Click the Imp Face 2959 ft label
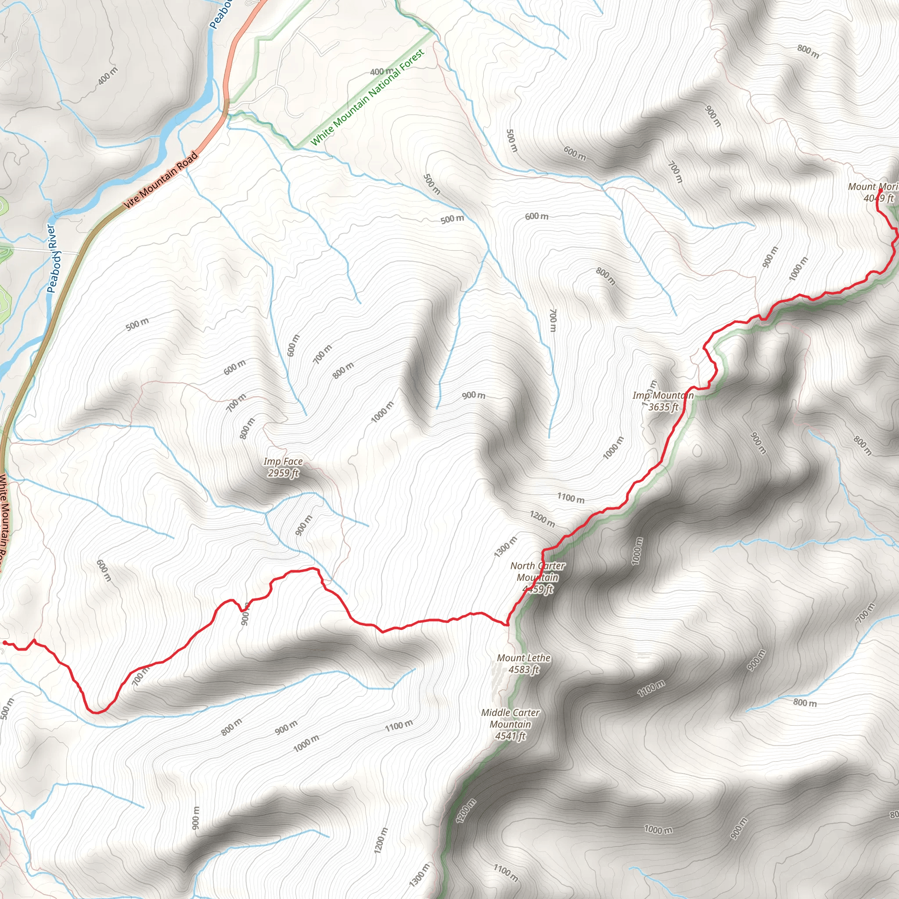(283, 467)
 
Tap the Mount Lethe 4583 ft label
(524, 664)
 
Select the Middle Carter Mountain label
(511, 724)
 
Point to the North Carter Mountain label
(537, 577)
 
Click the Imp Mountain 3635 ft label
(663, 401)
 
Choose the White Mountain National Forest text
(367, 98)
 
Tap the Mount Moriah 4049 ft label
(873, 192)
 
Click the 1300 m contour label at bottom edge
(419, 874)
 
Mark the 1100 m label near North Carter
(571, 498)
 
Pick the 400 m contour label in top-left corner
(108, 76)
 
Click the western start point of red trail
(5, 643)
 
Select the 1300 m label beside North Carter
(506, 546)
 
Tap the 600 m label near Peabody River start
(234, 367)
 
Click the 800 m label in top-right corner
(808, 51)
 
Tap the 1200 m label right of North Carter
(542, 519)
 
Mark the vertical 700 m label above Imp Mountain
(553, 320)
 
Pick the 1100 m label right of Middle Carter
(651, 688)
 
